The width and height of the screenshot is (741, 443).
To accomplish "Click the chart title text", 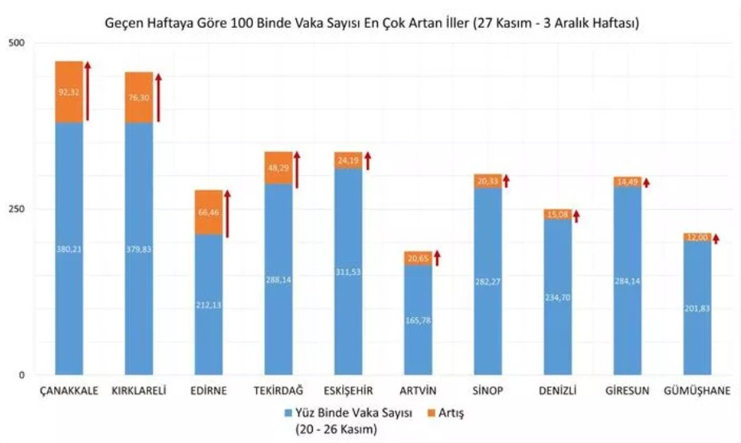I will pyautogui.click(x=372, y=24).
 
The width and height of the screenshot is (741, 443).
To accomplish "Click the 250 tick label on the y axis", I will pyautogui.click(x=15, y=209).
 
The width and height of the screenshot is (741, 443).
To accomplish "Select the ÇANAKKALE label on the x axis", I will pyautogui.click(x=69, y=390).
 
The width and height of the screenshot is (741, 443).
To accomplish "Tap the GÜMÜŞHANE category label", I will pyautogui.click(x=696, y=390).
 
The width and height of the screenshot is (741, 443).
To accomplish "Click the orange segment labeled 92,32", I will pyautogui.click(x=69, y=92).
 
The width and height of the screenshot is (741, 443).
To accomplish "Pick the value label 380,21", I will pyautogui.click(x=69, y=249).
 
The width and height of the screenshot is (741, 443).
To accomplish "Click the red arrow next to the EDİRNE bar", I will pyautogui.click(x=227, y=214).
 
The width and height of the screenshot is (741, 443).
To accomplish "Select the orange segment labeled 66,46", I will pyautogui.click(x=209, y=213).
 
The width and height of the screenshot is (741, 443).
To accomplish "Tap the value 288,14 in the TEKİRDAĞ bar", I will pyautogui.click(x=279, y=280).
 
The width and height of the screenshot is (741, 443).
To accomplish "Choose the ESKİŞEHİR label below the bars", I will pyautogui.click(x=349, y=390).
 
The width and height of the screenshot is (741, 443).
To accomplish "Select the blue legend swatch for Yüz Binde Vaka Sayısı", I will pyautogui.click(x=287, y=413).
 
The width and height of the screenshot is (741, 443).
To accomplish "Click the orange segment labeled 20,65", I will pyautogui.click(x=418, y=258).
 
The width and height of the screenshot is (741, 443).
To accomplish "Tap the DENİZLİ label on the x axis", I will pyautogui.click(x=557, y=390).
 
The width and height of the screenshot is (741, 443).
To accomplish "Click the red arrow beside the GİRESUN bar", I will pyautogui.click(x=645, y=182).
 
